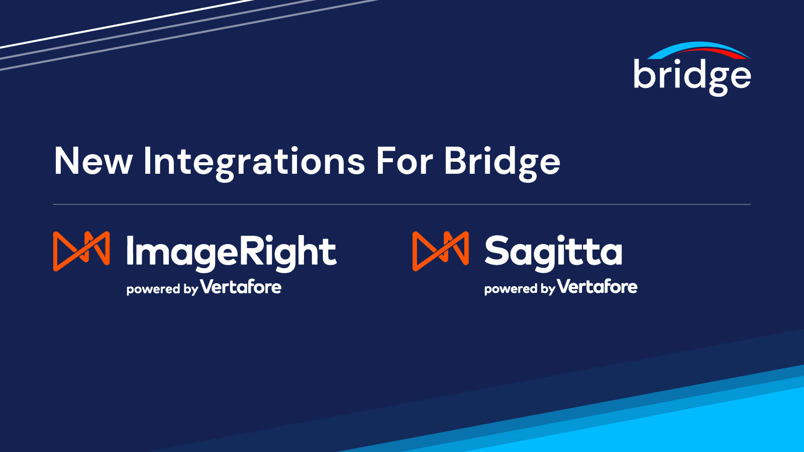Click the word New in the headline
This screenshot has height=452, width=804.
93,161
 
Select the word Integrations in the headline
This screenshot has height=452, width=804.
254,162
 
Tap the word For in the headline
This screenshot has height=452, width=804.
404,161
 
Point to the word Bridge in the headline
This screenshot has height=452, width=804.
501,162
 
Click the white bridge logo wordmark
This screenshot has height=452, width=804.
691,75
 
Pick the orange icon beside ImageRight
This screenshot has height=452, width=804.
81,251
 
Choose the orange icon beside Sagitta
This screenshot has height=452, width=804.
441,251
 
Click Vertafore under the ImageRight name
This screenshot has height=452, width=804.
241,287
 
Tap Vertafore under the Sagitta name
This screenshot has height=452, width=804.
597,287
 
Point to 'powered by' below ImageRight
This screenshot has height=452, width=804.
162,289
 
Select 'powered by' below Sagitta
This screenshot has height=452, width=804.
519,289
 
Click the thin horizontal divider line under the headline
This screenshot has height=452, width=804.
402,204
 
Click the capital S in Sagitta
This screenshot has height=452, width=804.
497,251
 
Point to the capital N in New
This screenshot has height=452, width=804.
67,161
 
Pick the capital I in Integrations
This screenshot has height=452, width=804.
147,161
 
